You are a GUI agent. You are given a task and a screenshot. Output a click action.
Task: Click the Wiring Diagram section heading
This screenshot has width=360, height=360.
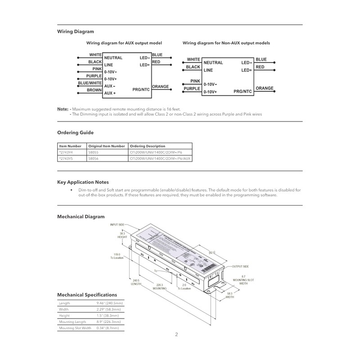tap(76, 31)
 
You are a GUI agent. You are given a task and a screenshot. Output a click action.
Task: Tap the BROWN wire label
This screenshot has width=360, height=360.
tap(94, 90)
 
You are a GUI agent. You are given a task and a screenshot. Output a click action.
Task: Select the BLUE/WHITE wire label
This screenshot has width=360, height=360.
tap(90, 83)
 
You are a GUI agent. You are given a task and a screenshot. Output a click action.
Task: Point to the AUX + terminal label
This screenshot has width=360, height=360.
tap(110, 93)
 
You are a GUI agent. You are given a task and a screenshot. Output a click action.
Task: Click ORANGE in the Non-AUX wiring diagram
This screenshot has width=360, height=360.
tap(264, 88)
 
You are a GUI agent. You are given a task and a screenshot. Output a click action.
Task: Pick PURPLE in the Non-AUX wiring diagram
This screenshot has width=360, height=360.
tap(192, 89)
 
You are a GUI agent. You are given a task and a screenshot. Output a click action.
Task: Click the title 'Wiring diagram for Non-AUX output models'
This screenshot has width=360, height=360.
tap(226, 43)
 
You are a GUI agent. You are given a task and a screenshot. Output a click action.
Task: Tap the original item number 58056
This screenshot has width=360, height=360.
tap(93, 159)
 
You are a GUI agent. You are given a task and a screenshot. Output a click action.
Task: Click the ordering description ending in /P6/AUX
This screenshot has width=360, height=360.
tap(160, 159)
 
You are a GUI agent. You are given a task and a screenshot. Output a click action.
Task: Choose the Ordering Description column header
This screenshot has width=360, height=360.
tap(148, 146)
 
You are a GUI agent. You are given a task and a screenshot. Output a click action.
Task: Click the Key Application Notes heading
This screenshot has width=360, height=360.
tap(83, 182)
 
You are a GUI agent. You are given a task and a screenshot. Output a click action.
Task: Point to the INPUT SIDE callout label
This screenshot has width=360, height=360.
tap(118, 224)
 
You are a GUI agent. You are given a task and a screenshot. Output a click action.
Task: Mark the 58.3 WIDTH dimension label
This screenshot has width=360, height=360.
tap(230, 295)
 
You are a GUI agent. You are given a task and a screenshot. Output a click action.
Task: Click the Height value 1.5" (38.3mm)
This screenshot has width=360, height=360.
tap(109, 316)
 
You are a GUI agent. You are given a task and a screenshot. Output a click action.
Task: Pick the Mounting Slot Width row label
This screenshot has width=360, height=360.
tap(75, 328)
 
